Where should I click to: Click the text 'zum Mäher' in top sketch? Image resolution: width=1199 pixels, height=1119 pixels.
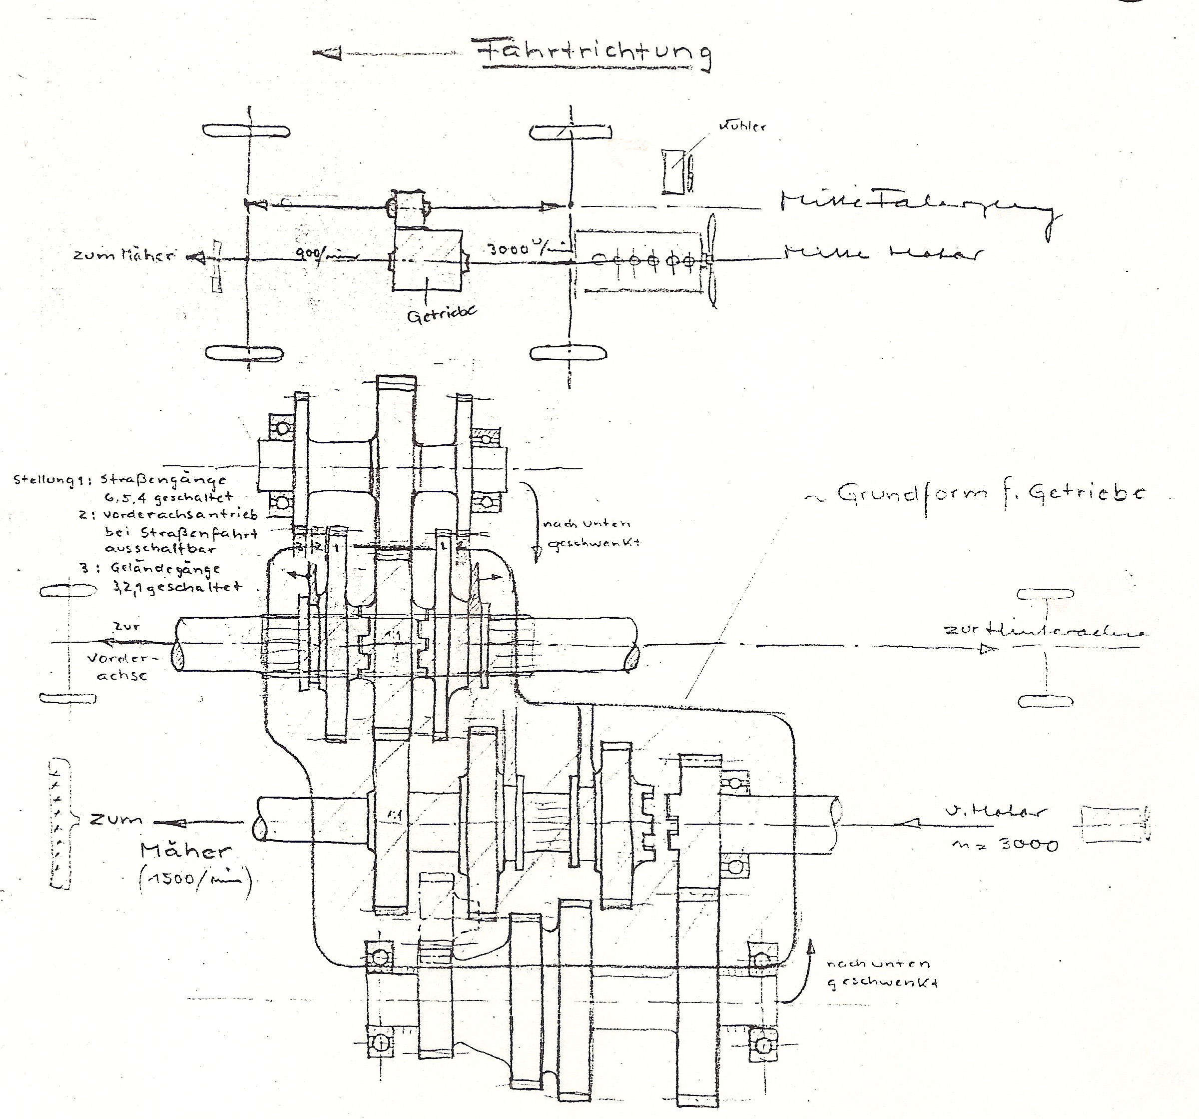pos(123,255)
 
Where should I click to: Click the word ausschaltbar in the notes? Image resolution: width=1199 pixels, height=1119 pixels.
pos(160,549)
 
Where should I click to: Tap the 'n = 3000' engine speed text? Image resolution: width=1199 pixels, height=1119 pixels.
pos(1004,845)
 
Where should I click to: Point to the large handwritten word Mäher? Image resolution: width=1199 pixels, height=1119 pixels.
pos(185,851)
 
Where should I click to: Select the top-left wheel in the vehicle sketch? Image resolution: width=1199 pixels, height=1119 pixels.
pos(247,131)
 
